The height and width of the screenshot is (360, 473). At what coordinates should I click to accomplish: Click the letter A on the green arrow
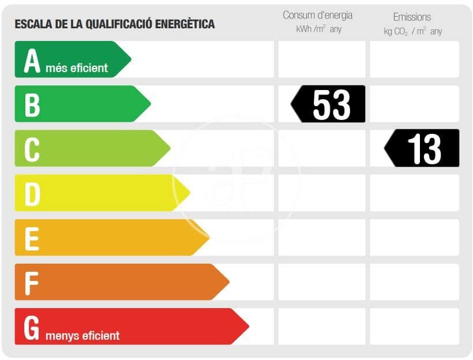point(32,61)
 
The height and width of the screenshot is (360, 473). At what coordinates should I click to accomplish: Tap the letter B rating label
point(32,104)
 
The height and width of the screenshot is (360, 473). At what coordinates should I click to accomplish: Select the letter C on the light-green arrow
point(32,149)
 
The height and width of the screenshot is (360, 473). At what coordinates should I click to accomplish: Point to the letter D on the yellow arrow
point(32,194)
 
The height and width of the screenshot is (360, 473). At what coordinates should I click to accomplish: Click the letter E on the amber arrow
point(32,238)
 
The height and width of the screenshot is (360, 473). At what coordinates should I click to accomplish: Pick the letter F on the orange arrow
point(32,283)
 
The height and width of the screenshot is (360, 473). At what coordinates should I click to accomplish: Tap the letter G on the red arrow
point(32,327)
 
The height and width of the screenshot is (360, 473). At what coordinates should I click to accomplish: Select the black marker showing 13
point(422,148)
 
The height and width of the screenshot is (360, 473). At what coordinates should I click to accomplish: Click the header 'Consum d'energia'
point(317,16)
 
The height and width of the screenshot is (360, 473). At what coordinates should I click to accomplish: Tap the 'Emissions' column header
point(412,17)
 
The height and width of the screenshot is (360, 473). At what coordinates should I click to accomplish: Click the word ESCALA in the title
point(32,24)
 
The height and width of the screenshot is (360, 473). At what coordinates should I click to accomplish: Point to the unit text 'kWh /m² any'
point(318,29)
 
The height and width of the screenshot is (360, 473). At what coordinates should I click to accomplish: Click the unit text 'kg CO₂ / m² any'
point(412,31)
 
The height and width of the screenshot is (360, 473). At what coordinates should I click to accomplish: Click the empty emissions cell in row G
point(414,327)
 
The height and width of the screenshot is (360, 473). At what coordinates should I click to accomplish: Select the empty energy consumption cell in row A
point(321,59)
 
